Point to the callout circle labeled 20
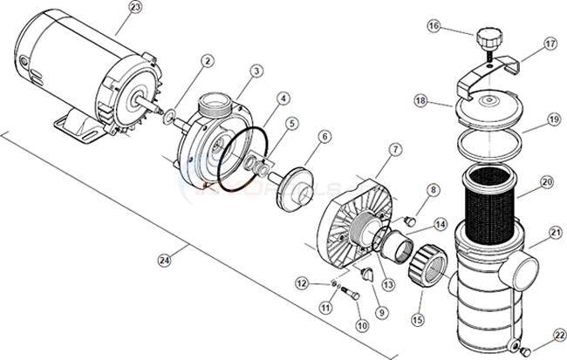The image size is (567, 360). point(546,182)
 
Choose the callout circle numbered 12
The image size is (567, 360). point(302,283)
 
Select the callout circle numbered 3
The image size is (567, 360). point(256,70)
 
